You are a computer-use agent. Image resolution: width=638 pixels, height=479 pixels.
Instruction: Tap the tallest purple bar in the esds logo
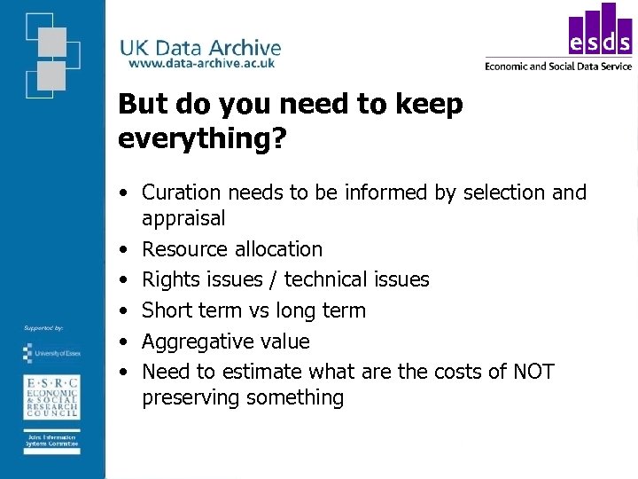coord(608,27)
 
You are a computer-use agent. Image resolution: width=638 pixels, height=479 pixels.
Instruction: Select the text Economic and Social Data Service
coord(558,66)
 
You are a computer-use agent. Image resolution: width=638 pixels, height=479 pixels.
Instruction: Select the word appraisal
coord(183,218)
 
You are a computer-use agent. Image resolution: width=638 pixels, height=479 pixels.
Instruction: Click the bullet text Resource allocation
coord(232,249)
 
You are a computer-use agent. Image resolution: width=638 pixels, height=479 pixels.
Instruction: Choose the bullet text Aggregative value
coord(225,342)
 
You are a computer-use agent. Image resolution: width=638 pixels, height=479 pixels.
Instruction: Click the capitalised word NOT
coord(533,371)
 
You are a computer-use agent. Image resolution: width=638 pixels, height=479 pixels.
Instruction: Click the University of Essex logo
coord(51,353)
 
